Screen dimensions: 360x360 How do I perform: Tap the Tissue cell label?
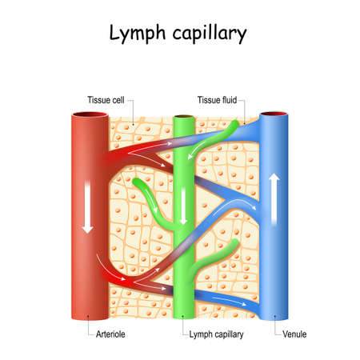[105, 100]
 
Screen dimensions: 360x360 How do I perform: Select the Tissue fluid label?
[219, 100]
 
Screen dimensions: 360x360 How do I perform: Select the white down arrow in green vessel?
[184, 213]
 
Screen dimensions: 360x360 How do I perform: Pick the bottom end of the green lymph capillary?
[184, 315]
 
